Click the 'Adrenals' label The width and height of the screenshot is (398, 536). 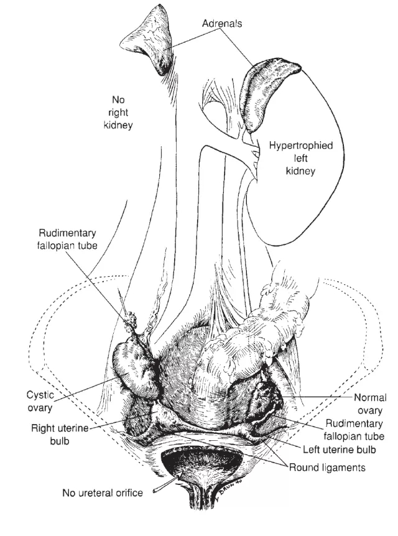tap(222, 23)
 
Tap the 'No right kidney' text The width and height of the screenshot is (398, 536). tap(118, 113)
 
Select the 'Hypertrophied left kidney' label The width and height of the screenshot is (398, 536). tap(300, 158)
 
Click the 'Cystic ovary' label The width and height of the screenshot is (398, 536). tap(40, 401)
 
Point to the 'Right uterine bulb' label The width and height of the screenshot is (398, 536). tap(60, 435)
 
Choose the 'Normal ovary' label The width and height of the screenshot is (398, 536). tap(370, 404)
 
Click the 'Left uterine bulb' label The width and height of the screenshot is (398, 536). tap(339, 449)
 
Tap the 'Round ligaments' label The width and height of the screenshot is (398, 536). tap(327, 468)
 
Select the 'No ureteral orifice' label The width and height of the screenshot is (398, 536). tap(103, 492)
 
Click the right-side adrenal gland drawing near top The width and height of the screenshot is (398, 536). tap(149, 39)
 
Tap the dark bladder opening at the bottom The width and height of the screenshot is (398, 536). tap(201, 462)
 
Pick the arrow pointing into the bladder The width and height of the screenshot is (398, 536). tap(165, 482)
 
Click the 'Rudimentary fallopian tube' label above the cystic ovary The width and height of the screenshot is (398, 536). tap(67, 239)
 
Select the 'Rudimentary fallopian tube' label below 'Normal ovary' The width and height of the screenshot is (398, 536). tap(354, 430)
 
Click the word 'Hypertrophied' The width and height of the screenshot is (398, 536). tap(300, 146)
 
